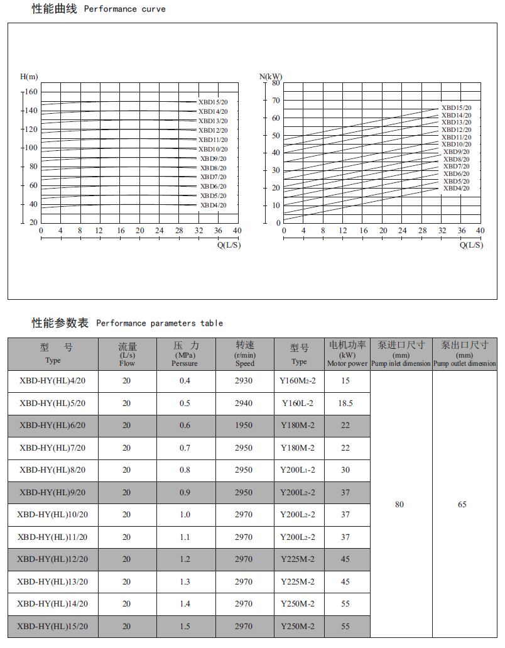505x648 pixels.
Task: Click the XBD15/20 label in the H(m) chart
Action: [213, 102]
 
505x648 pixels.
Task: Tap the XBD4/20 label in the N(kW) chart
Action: [456, 189]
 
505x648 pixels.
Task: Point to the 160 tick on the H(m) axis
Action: [31, 92]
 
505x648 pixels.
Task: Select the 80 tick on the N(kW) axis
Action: [276, 82]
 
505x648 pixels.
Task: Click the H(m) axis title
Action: [29, 77]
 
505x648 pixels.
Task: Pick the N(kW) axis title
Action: [271, 77]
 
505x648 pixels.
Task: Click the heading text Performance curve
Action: [124, 9]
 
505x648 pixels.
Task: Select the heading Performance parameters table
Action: [160, 323]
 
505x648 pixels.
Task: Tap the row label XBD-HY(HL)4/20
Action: [53, 381]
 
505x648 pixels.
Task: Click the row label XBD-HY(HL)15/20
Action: [53, 626]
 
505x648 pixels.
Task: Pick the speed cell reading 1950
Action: [244, 426]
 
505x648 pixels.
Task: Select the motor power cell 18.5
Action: [345, 404]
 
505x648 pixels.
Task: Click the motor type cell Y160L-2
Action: [298, 404]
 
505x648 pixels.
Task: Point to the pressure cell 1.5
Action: [185, 626]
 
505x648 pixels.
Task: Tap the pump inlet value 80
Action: [399, 504]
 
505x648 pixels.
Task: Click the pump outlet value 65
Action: [462, 504]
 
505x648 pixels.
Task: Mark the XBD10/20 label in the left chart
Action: [213, 149]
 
